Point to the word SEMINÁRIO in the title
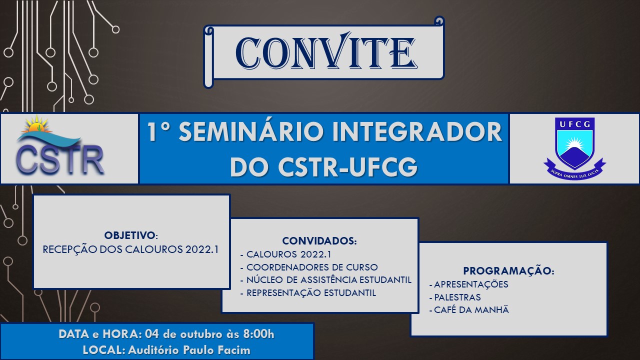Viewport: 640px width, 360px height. pyautogui.click(x=242, y=132)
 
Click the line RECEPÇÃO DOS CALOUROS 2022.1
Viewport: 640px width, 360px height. pyautogui.click(x=131, y=249)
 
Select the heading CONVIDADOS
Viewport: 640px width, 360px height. pyautogui.click(x=319, y=241)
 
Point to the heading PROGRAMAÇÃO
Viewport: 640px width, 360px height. pyautogui.click(x=508, y=271)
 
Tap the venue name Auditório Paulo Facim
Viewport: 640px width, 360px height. pyautogui.click(x=189, y=350)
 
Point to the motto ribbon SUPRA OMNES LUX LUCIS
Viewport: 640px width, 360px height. pyautogui.click(x=574, y=171)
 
